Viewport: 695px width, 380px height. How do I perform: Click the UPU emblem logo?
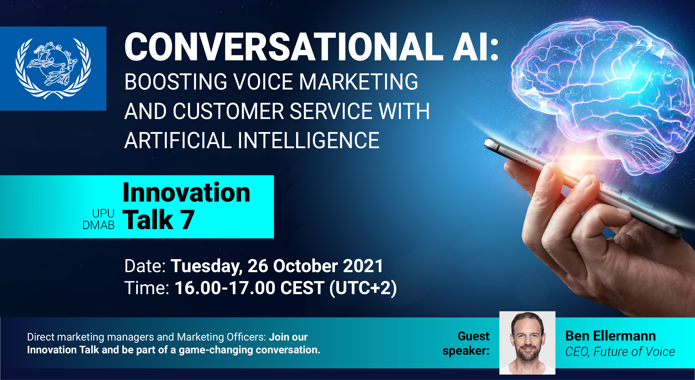point(53,68)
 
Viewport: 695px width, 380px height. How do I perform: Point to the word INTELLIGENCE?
point(309,140)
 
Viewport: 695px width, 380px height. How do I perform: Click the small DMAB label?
point(99,225)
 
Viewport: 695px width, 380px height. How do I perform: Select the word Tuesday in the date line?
point(206,266)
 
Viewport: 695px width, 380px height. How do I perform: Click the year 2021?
point(363,266)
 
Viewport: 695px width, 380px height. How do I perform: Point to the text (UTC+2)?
point(363,288)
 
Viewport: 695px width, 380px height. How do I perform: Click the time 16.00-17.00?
point(225,288)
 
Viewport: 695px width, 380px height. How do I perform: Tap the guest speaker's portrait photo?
point(527,343)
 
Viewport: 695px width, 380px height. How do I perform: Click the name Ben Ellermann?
point(610,336)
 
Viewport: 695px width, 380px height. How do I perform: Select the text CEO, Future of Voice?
point(620,352)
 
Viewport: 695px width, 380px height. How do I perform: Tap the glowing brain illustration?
point(603,95)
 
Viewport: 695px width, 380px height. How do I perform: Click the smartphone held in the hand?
point(584,186)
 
